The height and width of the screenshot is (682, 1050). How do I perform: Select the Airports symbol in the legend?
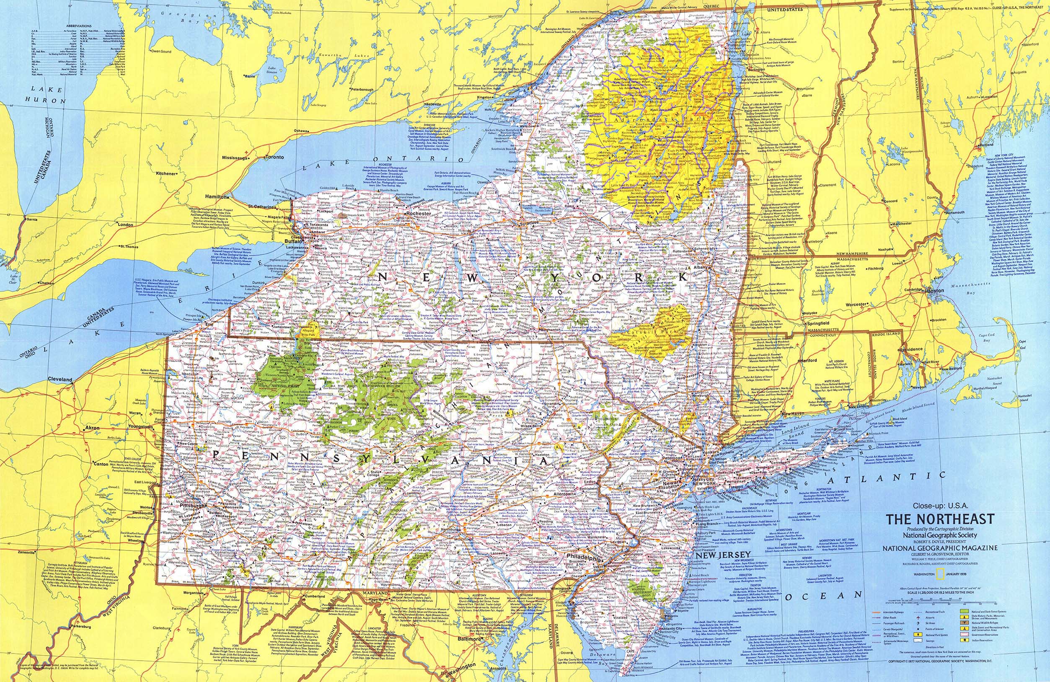[918, 618]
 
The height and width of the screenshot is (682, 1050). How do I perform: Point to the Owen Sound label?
[160, 52]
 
